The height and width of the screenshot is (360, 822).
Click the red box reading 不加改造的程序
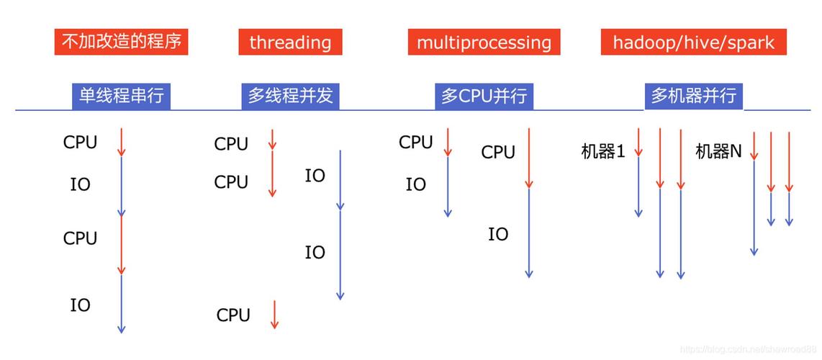tap(121, 42)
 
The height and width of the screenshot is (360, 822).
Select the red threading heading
tap(290, 42)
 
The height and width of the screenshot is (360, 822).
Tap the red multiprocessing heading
tap(484, 42)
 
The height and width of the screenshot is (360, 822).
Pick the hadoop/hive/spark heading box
tap(693, 42)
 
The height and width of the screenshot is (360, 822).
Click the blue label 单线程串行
tap(121, 96)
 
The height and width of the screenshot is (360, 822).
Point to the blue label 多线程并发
tap(290, 96)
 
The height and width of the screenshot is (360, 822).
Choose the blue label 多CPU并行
tap(484, 96)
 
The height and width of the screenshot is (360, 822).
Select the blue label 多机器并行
tap(693, 96)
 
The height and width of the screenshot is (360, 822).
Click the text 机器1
tap(602, 151)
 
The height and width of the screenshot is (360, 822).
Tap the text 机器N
tap(718, 151)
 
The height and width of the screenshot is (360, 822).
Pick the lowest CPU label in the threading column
tap(233, 315)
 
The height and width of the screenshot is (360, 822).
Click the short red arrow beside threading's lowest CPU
tap(274, 315)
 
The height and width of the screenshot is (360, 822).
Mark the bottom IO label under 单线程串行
tap(80, 305)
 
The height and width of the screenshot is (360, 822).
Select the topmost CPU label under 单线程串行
tap(80, 143)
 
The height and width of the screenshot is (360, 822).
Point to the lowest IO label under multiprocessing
tap(498, 235)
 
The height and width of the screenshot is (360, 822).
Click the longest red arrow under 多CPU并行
tap(529, 158)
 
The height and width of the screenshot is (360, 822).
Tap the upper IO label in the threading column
tap(315, 176)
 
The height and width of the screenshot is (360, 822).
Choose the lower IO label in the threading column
tap(315, 253)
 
